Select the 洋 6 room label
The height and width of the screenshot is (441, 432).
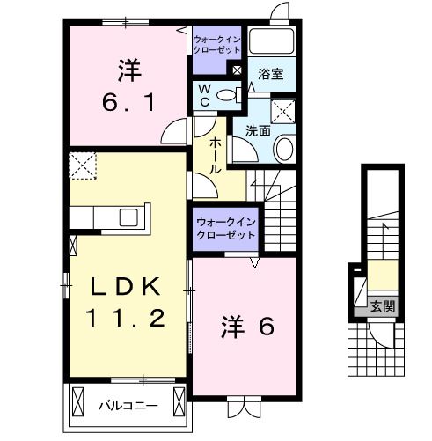247,327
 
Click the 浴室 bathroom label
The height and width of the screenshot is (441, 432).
270,75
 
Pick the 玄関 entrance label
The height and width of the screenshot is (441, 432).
383,306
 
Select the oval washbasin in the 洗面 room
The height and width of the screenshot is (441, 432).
283,149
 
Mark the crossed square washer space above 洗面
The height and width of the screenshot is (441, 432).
283,112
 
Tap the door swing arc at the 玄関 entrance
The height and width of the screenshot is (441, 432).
380,333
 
